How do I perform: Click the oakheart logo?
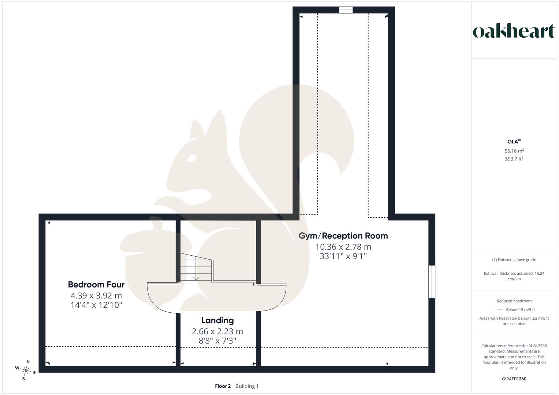(x=514, y=31)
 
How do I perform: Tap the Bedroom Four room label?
(x=96, y=285)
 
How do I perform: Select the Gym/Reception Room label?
(x=343, y=236)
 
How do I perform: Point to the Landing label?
(x=217, y=320)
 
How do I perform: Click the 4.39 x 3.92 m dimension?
(x=96, y=296)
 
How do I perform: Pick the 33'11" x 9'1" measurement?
(x=343, y=256)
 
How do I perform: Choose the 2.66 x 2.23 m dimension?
(x=217, y=331)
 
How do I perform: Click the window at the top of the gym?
(x=346, y=10)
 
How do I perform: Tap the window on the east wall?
(x=432, y=282)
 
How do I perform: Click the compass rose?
(x=26, y=370)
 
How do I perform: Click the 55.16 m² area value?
(x=514, y=151)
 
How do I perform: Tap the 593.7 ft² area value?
(x=514, y=159)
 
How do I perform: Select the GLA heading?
(x=514, y=142)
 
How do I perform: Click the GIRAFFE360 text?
(x=514, y=379)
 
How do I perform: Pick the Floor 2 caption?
(x=223, y=386)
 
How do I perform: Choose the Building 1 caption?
(x=247, y=386)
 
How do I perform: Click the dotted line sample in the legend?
(x=498, y=310)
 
